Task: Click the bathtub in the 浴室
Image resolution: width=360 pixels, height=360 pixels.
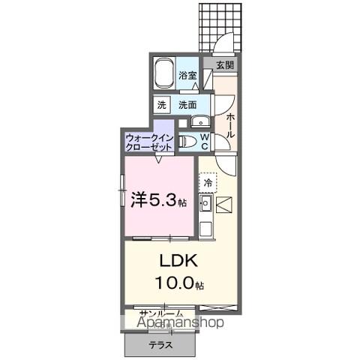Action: (165, 74)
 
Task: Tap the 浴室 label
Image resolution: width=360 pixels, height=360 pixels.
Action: (188, 76)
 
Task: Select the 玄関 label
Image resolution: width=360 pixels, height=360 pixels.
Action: (224, 65)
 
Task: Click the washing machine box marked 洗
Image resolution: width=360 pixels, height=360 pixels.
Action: (162, 106)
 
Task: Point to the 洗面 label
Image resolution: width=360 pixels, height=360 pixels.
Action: (187, 106)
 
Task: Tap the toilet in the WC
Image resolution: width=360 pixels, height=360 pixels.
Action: (190, 142)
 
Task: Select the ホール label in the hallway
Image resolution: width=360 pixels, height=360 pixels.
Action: (229, 124)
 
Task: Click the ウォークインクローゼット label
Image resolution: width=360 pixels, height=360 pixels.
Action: (149, 142)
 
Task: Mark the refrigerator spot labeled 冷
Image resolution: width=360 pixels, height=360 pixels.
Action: (208, 181)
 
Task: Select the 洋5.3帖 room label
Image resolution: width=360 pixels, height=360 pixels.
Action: (154, 200)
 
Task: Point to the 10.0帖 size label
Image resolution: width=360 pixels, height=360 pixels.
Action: (180, 283)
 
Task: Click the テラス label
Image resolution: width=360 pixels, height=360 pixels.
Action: (160, 345)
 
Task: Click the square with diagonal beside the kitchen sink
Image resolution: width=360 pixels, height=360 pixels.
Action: (226, 203)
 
